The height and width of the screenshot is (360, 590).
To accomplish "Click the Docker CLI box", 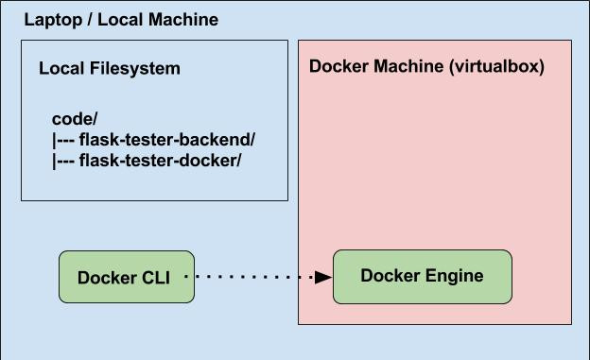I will [x=127, y=277].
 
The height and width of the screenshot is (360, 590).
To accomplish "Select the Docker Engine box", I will [x=422, y=276].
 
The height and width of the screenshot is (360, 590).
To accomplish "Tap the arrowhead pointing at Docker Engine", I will [x=323, y=277].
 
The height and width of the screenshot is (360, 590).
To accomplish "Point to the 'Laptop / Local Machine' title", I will [x=120, y=20].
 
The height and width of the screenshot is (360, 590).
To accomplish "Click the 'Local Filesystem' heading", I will [x=109, y=69].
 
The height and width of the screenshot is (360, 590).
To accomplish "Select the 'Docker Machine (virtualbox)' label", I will [x=426, y=67].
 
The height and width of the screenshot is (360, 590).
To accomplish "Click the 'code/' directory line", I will [x=75, y=120].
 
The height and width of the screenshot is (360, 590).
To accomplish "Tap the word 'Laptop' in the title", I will [x=50, y=20].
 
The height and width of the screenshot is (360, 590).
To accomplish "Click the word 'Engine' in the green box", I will [x=452, y=276].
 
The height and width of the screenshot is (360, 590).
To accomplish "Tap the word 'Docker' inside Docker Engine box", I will [x=388, y=276].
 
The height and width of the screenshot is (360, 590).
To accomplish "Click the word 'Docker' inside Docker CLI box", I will [x=105, y=278].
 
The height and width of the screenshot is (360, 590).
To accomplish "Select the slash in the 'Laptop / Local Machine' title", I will [x=88, y=20].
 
